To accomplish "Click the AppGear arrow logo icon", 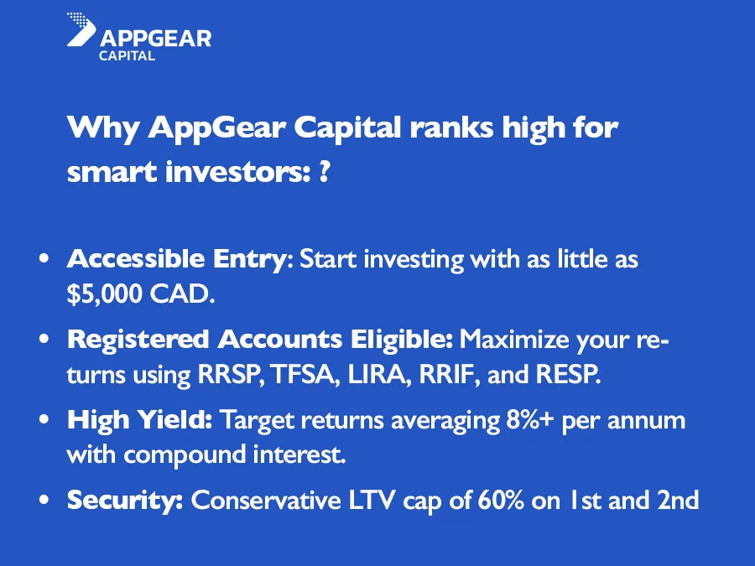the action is (81, 29).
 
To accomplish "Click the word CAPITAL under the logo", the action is (128, 56).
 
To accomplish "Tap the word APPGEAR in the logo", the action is (155, 39).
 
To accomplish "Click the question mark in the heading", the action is (325, 172).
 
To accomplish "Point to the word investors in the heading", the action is (235, 172).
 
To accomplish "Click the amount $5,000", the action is (105, 293).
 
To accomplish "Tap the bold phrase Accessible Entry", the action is (177, 259).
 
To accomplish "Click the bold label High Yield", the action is (139, 420).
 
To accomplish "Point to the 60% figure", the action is (501, 501).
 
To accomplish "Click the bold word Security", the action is (125, 501).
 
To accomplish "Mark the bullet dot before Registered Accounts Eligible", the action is (44, 340).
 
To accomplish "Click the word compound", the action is (185, 454).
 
